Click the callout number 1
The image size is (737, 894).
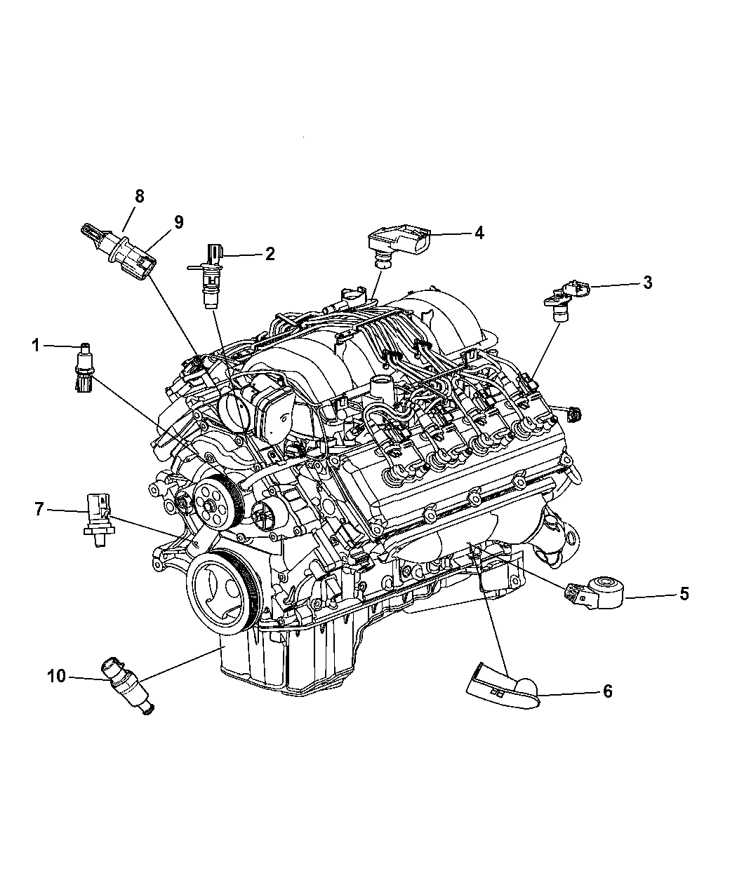click(36, 345)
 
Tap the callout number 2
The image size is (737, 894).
click(270, 254)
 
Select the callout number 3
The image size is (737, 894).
click(647, 282)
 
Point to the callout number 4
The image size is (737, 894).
click(479, 233)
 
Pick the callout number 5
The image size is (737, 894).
click(684, 594)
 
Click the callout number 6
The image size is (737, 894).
click(608, 691)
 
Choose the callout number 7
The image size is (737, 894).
click(39, 509)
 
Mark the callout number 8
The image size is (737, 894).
click(139, 196)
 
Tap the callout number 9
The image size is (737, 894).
click(178, 222)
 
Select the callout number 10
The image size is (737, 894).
click(56, 676)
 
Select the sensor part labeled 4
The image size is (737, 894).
click(398, 246)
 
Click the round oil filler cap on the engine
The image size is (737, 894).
click(233, 412)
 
